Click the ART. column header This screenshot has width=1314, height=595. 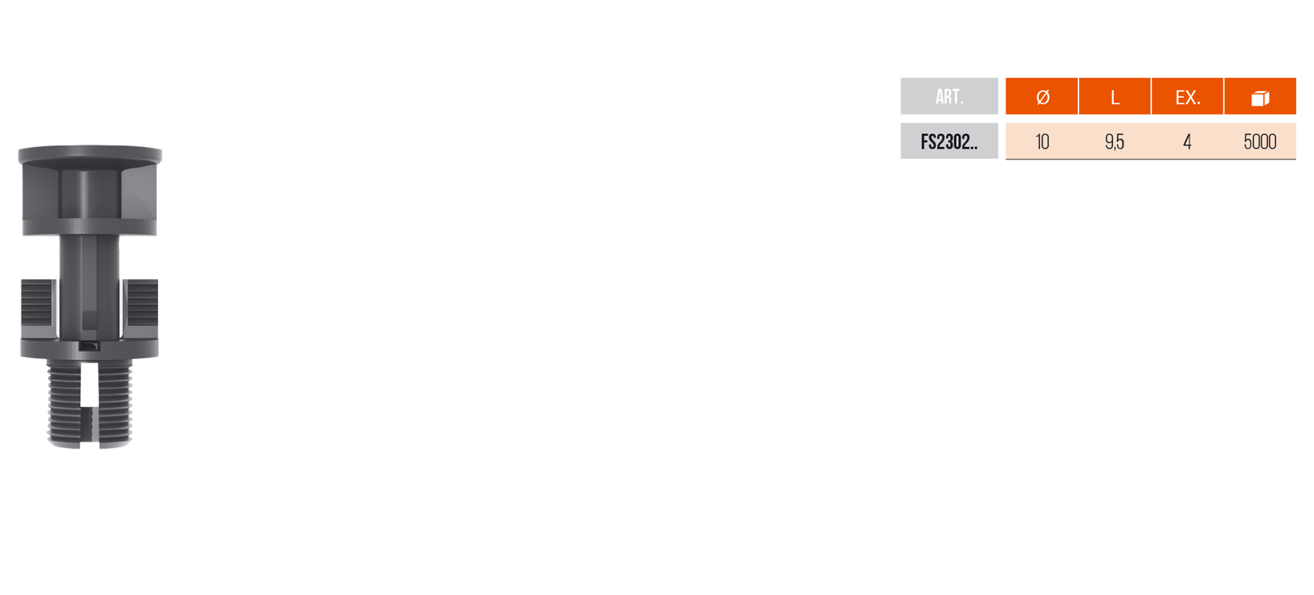(x=949, y=96)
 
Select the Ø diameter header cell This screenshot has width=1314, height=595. (x=1042, y=96)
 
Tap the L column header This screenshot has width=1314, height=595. (x=1115, y=96)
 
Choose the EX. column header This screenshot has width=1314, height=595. (x=1187, y=96)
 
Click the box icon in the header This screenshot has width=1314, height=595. (x=1260, y=98)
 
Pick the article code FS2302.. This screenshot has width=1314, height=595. (x=949, y=142)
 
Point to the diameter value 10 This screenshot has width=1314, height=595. (x=1042, y=142)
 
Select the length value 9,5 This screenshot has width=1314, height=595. (x=1114, y=142)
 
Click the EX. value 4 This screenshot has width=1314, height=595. (x=1187, y=142)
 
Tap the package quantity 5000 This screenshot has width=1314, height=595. (x=1260, y=142)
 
